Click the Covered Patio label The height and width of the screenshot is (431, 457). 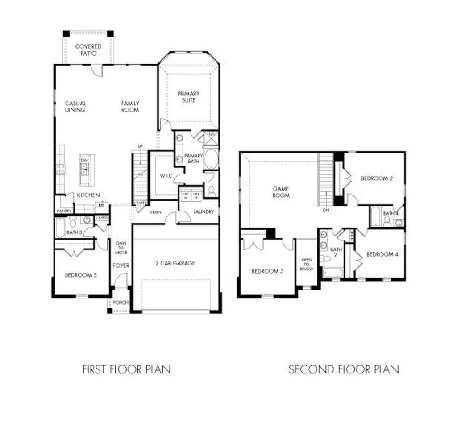(88, 50)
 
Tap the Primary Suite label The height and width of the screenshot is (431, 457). (188, 97)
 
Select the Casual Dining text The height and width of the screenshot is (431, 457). (75, 107)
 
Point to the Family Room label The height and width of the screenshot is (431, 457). (130, 107)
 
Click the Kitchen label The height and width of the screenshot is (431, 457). (88, 195)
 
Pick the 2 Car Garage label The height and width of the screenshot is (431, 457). (175, 263)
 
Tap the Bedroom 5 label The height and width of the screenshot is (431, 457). (81, 275)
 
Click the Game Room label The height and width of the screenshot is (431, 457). (281, 192)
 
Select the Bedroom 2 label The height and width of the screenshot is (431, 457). (377, 178)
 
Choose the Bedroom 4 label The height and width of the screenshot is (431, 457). (382, 254)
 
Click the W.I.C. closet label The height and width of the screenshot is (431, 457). (164, 175)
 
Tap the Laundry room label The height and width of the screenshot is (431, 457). (204, 211)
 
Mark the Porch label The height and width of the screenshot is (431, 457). (120, 303)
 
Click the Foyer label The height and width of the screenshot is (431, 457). (121, 265)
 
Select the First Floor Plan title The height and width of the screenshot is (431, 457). (126, 369)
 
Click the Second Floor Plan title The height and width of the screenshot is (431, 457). (343, 369)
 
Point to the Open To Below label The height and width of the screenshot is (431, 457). (307, 264)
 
